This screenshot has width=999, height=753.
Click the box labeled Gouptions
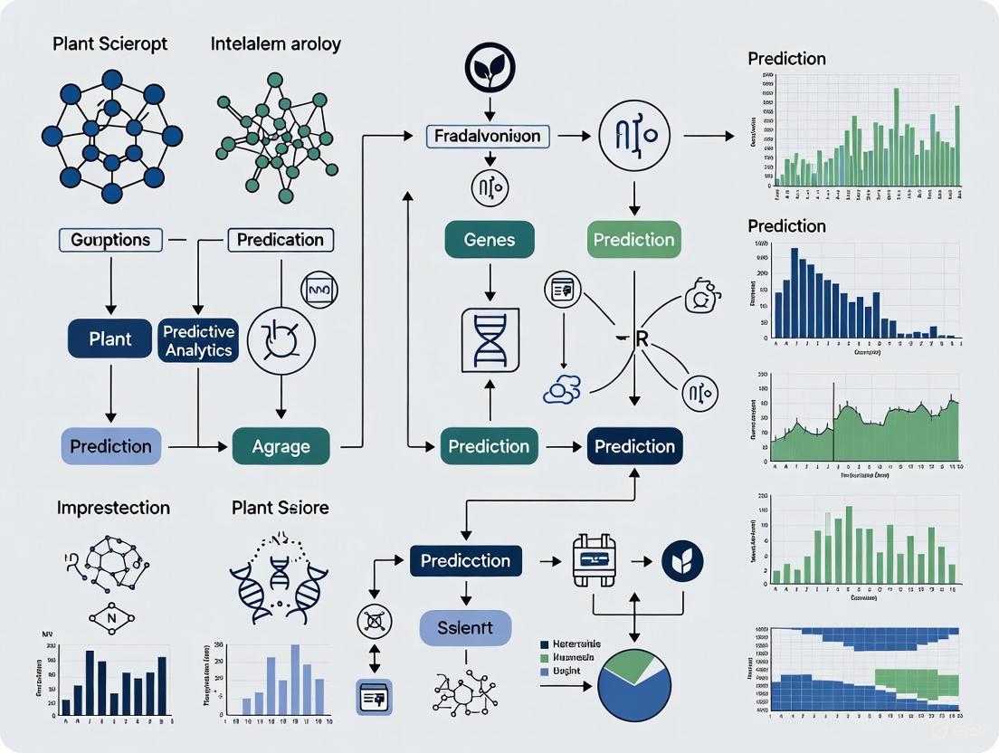tap(111, 240)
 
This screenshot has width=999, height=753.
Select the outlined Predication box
tap(280, 240)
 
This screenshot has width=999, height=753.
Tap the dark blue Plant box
tap(110, 338)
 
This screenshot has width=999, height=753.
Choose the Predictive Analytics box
tap(198, 339)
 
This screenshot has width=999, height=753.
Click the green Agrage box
tap(281, 446)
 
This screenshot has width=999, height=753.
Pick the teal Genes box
tap(490, 240)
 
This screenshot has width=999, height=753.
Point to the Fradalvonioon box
tap(488, 137)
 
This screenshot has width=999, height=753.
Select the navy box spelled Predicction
tap(465, 560)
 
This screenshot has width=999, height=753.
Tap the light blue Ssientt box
tap(465, 627)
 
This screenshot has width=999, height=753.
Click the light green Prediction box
tap(634, 240)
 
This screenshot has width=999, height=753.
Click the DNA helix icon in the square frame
tap(490, 339)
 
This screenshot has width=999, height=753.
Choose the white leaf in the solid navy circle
tap(683, 561)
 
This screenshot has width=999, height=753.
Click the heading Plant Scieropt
tap(111, 43)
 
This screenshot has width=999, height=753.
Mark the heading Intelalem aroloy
tap(275, 43)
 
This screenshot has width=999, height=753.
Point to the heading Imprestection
tap(113, 508)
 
